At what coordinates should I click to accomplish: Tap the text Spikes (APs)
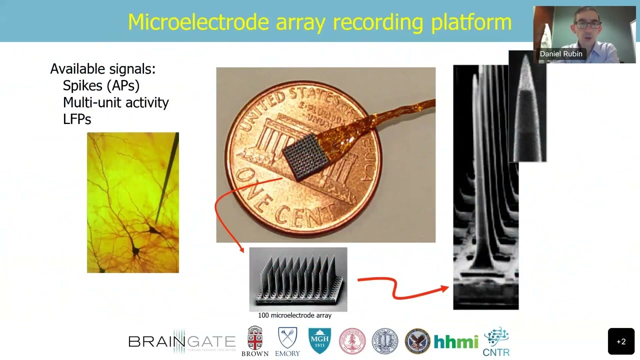coord(101,85)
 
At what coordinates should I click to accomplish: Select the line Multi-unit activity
coord(115,102)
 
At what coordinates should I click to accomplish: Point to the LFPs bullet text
coord(77,119)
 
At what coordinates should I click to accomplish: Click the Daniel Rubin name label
coord(560,54)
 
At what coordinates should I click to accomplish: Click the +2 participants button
coord(621,341)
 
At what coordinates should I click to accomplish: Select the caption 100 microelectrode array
coord(294,315)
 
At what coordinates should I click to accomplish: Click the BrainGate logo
coord(182,341)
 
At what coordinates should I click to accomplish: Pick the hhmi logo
coord(456,341)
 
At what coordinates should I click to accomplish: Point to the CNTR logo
coord(496,341)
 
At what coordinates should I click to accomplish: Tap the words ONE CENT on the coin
coord(280,200)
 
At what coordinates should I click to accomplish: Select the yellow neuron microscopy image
coord(132,202)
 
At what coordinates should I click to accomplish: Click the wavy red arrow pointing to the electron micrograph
coord(400,288)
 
